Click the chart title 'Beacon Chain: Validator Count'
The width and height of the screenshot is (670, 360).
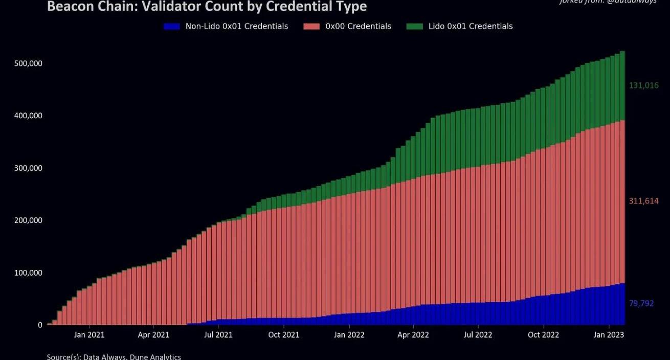[207, 7]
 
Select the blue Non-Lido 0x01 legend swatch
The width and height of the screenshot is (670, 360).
[172, 26]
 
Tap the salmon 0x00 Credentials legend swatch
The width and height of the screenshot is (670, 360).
[311, 26]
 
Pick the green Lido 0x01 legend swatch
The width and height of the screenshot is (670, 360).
[415, 26]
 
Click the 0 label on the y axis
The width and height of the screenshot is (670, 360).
[40, 325]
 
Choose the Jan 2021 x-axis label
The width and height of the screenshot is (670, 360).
[90, 335]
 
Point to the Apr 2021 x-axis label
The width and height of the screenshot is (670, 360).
[153, 335]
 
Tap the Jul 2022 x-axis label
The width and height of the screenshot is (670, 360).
[478, 335]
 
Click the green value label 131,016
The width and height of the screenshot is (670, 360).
[643, 85]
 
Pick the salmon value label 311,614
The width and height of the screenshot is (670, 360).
[643, 201]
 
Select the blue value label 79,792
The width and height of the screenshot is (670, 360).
[641, 304]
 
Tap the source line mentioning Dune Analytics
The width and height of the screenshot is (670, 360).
[114, 356]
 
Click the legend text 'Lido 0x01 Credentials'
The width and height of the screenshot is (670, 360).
[471, 26]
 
